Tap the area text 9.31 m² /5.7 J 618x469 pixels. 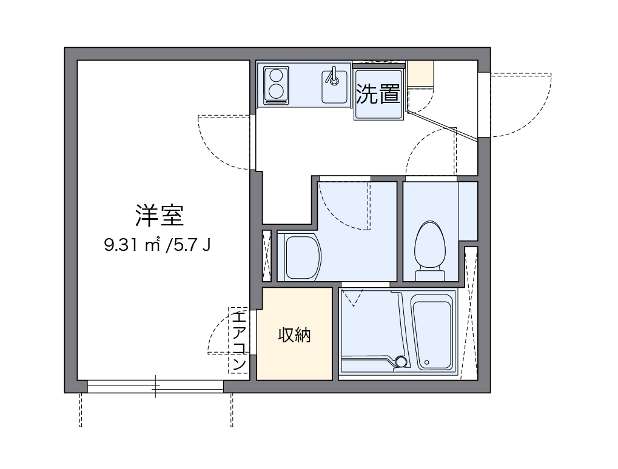157,245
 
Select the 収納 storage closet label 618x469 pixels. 294,335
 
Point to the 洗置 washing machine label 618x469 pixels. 377,94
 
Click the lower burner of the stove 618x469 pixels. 277,92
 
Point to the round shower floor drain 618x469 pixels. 400,362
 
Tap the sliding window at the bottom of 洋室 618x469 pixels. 155,386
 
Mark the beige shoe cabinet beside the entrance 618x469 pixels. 420,74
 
